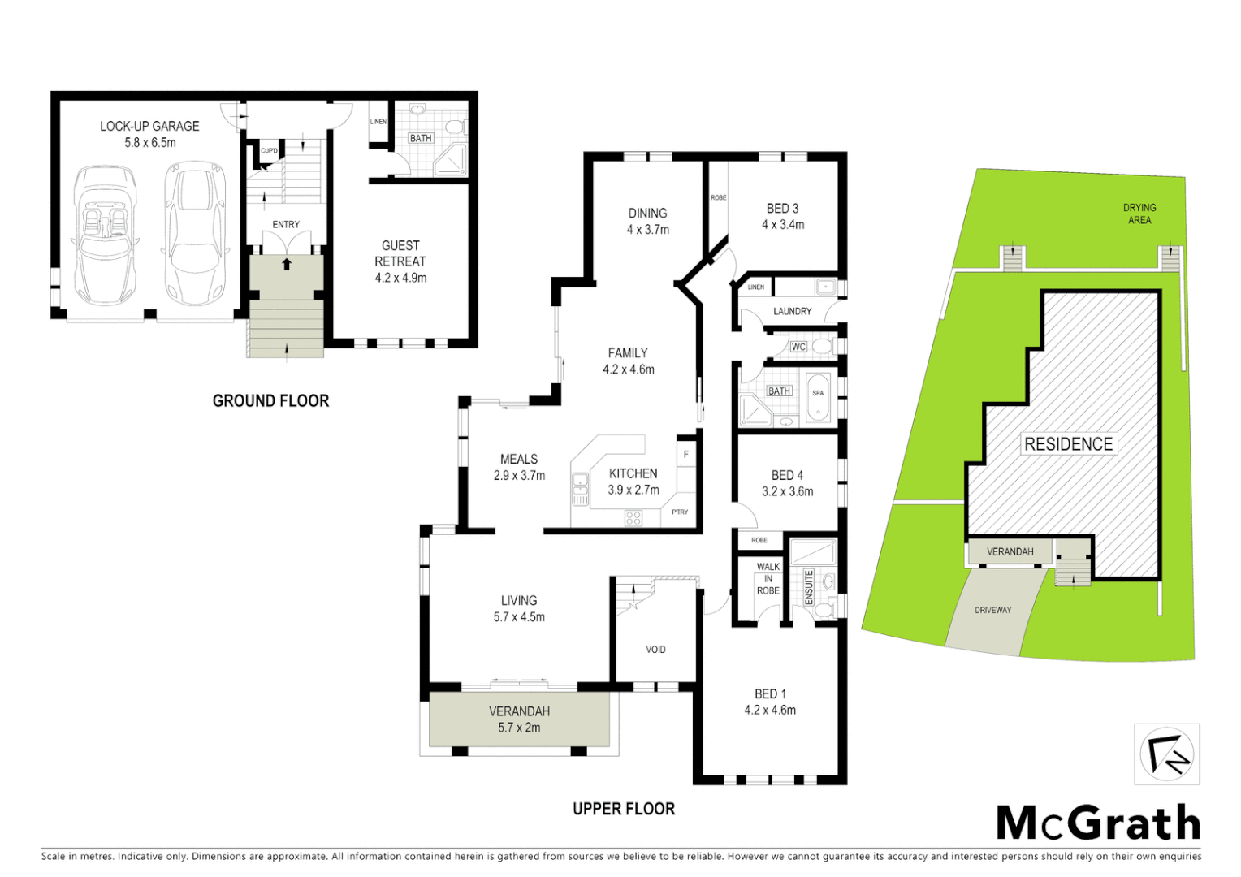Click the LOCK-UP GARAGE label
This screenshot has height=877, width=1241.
[149, 127]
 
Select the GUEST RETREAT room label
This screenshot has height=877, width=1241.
[400, 253]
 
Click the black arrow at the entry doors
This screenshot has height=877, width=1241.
[286, 264]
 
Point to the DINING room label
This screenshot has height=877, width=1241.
[647, 214]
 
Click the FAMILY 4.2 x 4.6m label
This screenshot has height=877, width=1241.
[628, 361]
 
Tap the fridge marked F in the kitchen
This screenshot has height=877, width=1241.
[686, 455]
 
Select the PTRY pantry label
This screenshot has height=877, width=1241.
[680, 512]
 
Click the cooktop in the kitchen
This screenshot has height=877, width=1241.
[633, 518]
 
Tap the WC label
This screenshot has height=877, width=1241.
[798, 347]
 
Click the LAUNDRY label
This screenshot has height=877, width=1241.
[792, 311]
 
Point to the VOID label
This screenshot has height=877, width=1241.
[655, 650]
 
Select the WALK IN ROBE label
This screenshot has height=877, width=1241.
[768, 579]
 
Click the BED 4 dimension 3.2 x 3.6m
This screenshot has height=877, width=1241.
[787, 491]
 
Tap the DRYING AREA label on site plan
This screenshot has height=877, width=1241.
[1139, 214]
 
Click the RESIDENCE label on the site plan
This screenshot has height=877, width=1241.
[1068, 444]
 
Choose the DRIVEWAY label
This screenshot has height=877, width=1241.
[992, 611]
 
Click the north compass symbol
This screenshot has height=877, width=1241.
[1166, 754]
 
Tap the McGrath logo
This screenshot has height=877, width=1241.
[1098, 823]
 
